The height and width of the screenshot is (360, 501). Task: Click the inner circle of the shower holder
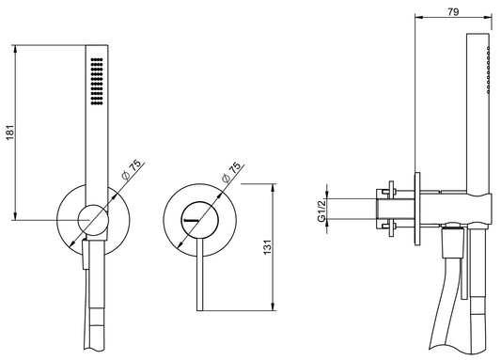[x=91, y=218]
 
